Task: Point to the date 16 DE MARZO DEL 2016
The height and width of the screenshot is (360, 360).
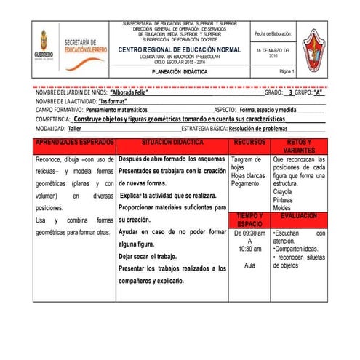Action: click(273, 53)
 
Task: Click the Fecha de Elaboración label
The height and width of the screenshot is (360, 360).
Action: click(273, 33)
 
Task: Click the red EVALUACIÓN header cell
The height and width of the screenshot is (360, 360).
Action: click(299, 217)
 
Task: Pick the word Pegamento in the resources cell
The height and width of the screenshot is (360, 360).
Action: click(245, 184)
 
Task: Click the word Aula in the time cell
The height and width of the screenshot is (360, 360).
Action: click(250, 267)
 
